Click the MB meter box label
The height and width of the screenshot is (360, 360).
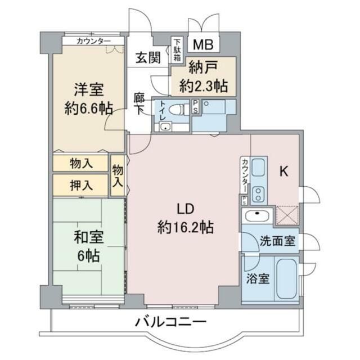click(x=203, y=44)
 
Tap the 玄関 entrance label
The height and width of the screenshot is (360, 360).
click(x=148, y=57)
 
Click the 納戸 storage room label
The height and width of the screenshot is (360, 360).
click(x=203, y=67)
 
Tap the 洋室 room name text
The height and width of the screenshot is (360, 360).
click(x=89, y=89)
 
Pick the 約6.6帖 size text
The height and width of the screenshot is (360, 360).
click(x=89, y=109)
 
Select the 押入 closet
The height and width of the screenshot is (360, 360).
click(x=80, y=185)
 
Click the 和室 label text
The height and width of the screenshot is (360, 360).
click(x=89, y=237)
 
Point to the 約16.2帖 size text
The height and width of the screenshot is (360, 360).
click(x=186, y=227)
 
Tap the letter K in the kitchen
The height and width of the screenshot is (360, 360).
click(x=283, y=171)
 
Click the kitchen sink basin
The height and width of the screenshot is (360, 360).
click(x=258, y=167)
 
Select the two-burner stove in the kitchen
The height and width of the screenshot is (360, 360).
click(x=259, y=194)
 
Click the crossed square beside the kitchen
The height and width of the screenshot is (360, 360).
click(x=287, y=215)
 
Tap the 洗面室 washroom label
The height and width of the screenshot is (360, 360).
click(x=277, y=241)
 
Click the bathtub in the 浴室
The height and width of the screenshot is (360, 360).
click(x=287, y=278)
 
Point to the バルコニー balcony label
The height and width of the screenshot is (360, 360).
click(x=170, y=322)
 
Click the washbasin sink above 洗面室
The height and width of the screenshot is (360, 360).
click(x=257, y=216)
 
